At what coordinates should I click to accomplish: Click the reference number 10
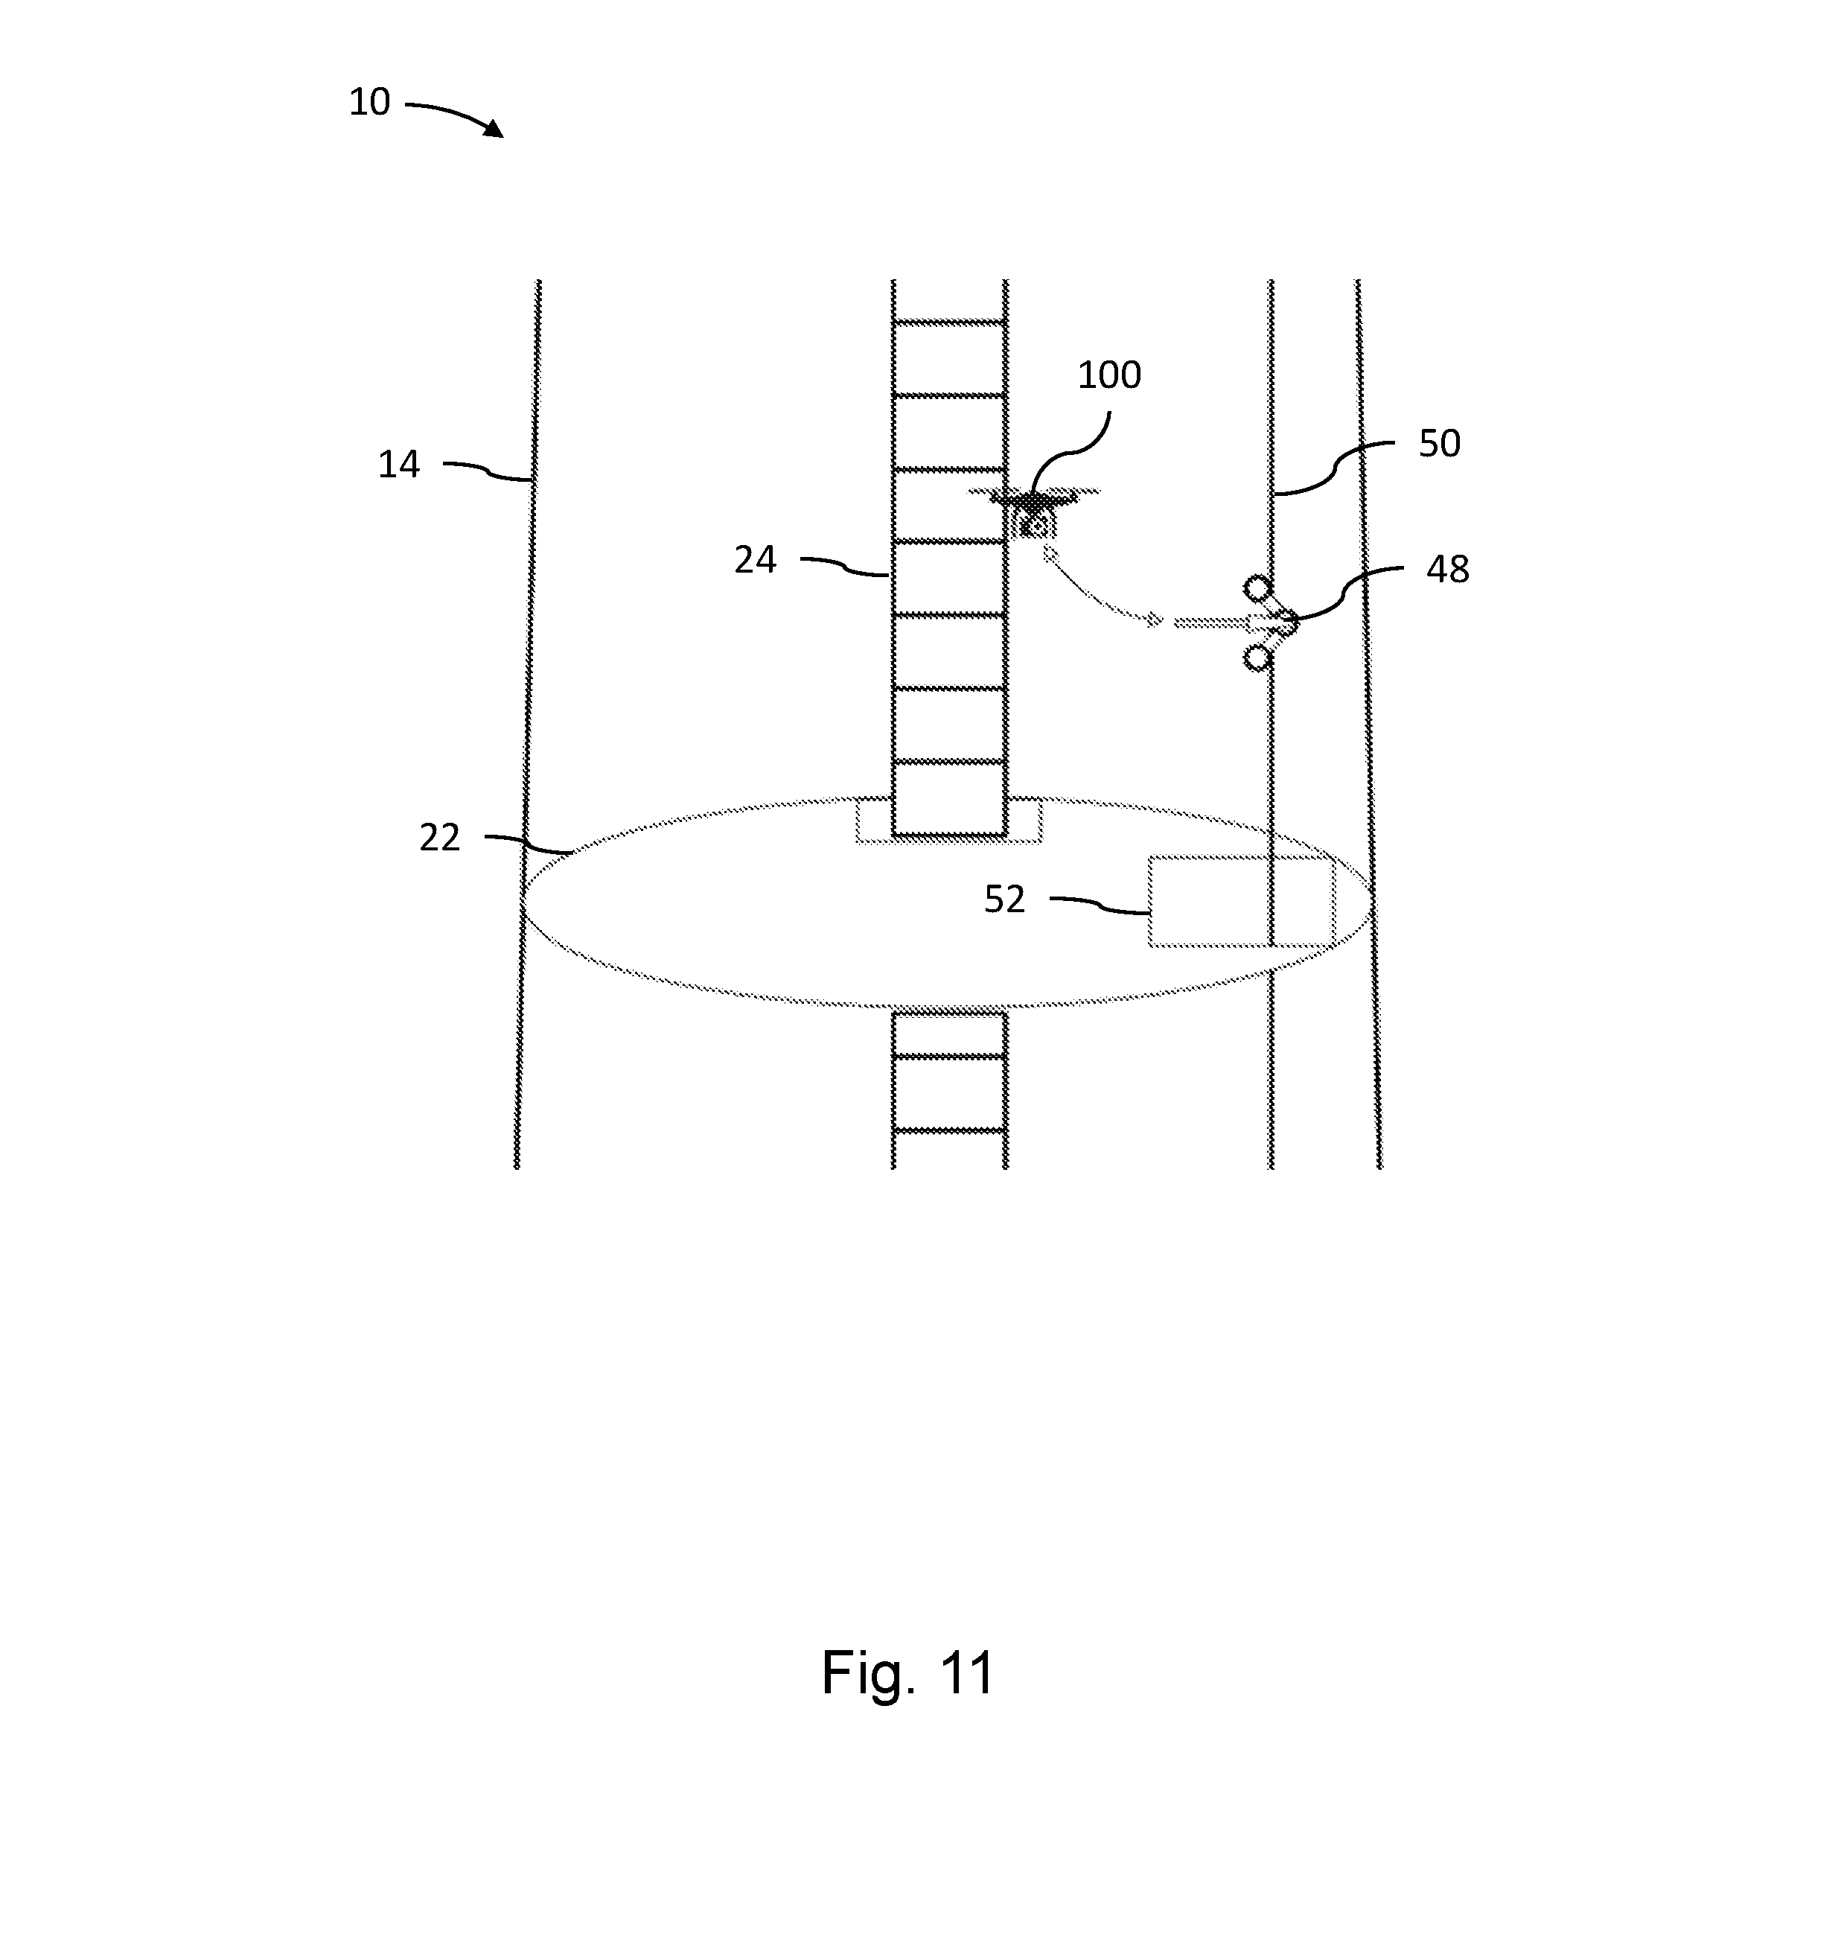pos(370,102)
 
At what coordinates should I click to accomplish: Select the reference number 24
pos(755,560)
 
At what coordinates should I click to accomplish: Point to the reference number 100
pos(1109,375)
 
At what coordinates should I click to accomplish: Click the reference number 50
pos(1440,444)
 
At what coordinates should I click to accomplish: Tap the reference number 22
pos(440,838)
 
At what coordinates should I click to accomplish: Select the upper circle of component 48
pos(1257,588)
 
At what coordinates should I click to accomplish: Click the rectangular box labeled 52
pos(1242,901)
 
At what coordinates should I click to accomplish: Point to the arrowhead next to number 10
pos(493,129)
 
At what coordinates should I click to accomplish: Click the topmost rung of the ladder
pos(949,322)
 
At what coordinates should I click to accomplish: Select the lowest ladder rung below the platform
pos(949,1131)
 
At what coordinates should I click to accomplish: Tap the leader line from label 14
pos(488,471)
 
